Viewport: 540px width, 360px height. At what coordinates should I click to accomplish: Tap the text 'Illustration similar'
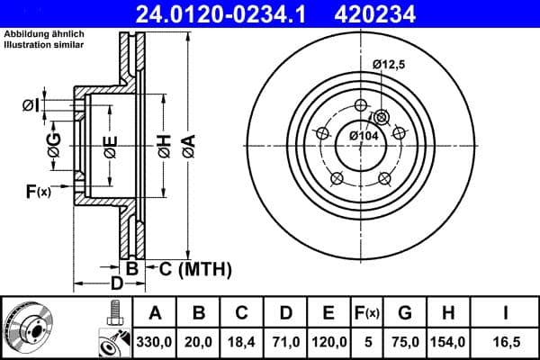[x=44, y=43]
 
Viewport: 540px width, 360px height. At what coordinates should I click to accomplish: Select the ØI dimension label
[x=31, y=106]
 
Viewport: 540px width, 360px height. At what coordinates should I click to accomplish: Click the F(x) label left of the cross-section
[x=38, y=190]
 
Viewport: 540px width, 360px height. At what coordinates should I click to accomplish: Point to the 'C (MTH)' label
[x=195, y=268]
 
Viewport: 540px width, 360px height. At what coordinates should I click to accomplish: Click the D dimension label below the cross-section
[x=116, y=284]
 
